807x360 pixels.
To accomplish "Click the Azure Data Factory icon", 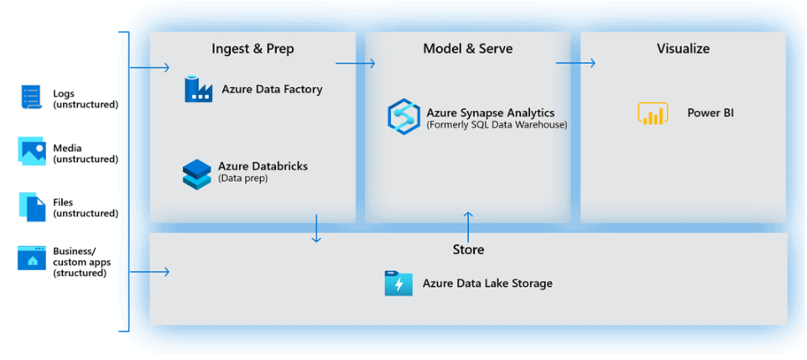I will pos(199,90).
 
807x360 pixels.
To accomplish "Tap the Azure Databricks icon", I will pos(196,173).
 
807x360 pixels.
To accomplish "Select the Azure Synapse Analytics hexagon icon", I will pos(403,117).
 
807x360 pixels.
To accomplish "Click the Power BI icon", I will pos(653,113).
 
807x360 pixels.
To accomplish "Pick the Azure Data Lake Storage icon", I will pos(398,284).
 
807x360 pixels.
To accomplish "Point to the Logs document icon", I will pos(31,98).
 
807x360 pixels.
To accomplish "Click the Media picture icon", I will pos(32,151).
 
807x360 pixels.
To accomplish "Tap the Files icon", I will pos(32,206).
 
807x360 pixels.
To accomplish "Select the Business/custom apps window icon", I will pos(32,258).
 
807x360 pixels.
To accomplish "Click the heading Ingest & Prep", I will pos(253,49).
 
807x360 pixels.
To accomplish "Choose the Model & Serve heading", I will pos(468,49).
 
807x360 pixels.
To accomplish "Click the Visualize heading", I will pos(683,49).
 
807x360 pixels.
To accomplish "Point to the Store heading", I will pos(468,249).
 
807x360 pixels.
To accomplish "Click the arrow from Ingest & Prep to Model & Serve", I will pos(355,63).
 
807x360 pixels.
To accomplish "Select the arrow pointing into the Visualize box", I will pos(575,63).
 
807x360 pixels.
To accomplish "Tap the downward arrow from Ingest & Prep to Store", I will pos(316,228).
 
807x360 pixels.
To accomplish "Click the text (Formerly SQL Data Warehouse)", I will pos(497,125).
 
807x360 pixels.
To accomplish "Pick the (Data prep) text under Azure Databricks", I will pos(242,178).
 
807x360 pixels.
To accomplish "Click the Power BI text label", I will pos(711,113).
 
